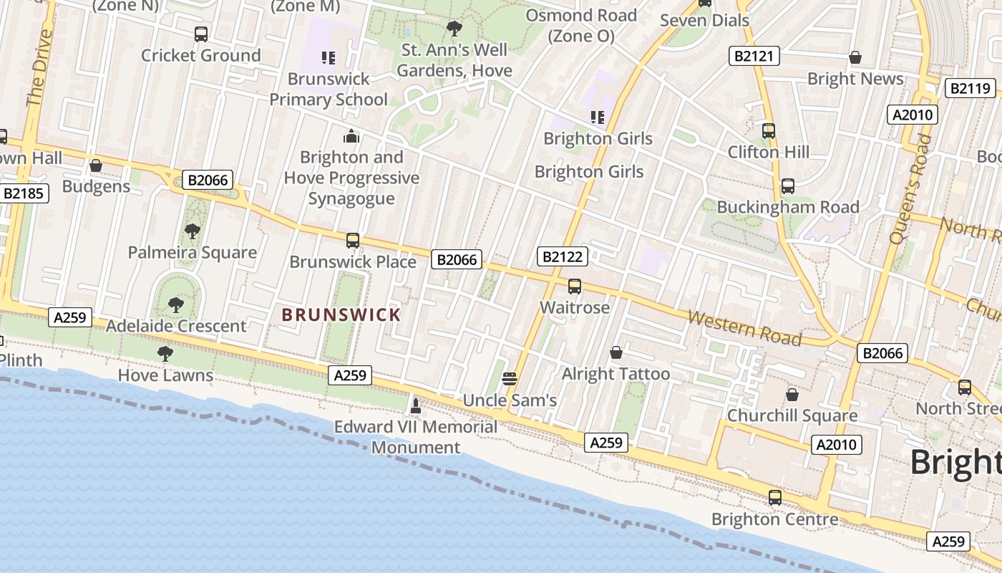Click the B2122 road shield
coord(563,256)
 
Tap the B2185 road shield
coord(24,193)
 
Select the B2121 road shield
coord(754,56)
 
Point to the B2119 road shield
coord(971,89)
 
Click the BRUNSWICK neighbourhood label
coord(341,314)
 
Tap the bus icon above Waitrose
coord(574,286)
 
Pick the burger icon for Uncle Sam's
coord(510,378)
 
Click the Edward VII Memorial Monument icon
coord(415,406)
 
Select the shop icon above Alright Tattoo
coord(616,352)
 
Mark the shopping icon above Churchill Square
coord(792,395)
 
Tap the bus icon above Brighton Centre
coord(774,497)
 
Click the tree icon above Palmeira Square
coord(192,231)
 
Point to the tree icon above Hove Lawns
coord(165,353)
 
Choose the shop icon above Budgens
coord(96,165)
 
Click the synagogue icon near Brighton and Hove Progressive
coord(351,135)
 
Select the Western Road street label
coord(744,327)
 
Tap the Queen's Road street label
coord(912,190)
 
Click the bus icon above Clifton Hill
coord(769,131)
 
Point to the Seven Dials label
coord(704,20)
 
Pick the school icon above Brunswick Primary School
coord(329,57)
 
